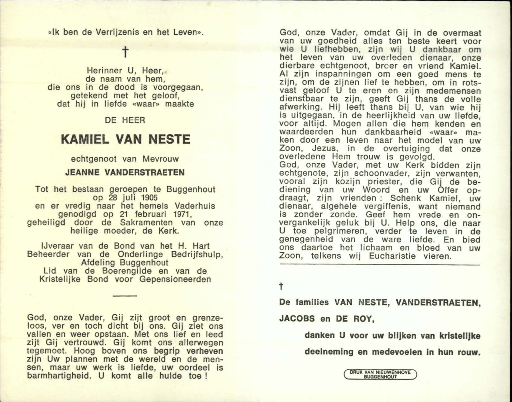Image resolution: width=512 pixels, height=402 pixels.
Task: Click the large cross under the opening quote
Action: pos(125,53)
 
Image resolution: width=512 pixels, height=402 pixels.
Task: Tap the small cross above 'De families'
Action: pos(281,287)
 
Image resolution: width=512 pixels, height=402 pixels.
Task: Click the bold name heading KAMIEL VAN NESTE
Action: pos(126,139)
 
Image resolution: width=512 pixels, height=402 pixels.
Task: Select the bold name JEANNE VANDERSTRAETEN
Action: pos(125,173)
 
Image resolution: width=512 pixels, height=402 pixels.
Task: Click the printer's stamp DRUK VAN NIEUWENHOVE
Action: pos(380,374)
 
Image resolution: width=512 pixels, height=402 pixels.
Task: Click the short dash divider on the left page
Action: pos(125,296)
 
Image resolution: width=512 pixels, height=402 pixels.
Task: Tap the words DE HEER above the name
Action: pos(125,120)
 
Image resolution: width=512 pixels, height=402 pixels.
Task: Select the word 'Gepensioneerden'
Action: pos(175,279)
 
